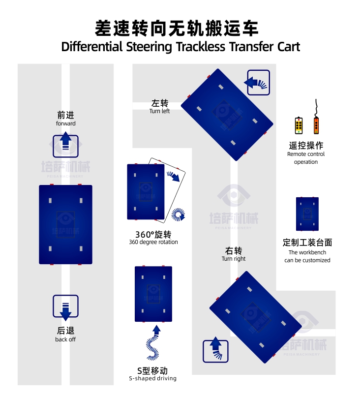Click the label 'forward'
tap(65, 123)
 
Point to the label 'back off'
tap(65, 339)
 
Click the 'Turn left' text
tap(159, 111)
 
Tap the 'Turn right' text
tap(234, 259)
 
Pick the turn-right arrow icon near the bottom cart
tap(215, 351)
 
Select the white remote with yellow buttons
tap(299, 125)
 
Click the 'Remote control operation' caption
tap(306, 158)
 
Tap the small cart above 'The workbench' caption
tap(307, 214)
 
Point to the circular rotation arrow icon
tap(178, 214)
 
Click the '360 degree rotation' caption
tap(153, 242)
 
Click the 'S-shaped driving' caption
tap(152, 378)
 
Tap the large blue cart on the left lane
tap(65, 224)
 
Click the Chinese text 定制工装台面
tap(307, 243)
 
